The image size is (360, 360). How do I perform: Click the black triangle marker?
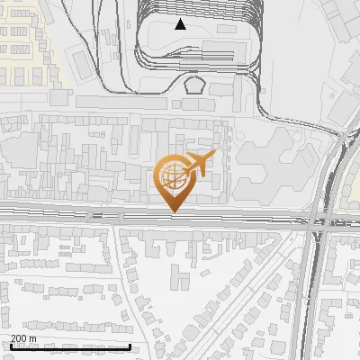[181, 24]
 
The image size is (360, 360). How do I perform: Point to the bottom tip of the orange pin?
[173, 212]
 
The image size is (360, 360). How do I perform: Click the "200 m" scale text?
[23, 338]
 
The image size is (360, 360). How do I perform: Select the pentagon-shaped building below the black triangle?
[194, 85]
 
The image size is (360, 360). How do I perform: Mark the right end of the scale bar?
[130, 346]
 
